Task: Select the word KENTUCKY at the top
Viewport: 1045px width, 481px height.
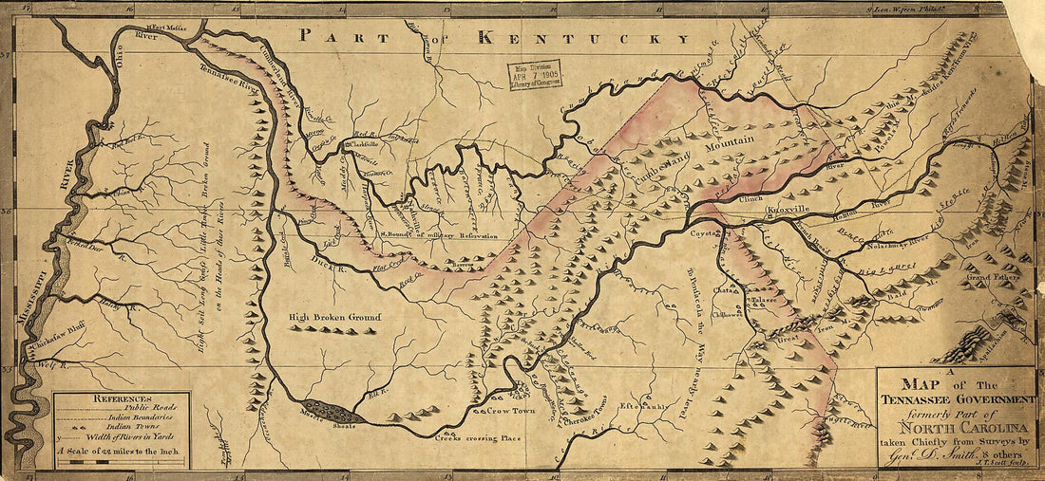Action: click(x=583, y=38)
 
